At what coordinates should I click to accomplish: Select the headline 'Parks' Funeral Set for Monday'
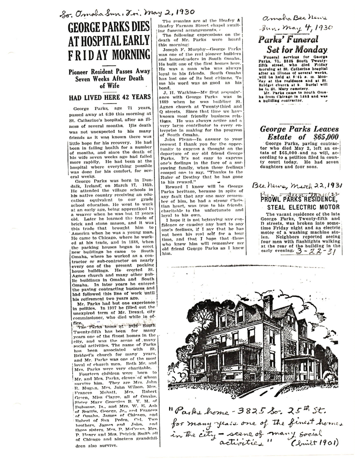click(x=292, y=45)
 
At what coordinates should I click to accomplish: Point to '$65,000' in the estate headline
click(x=323, y=137)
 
